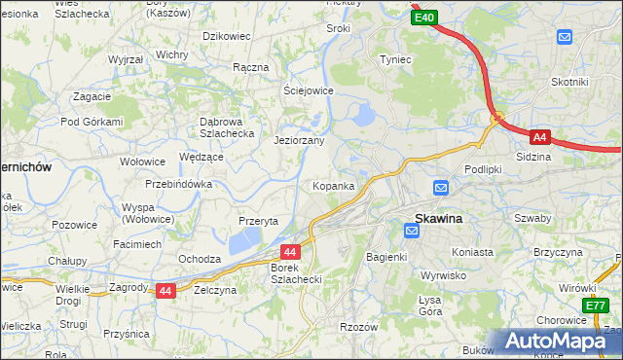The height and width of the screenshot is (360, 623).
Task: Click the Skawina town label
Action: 439,219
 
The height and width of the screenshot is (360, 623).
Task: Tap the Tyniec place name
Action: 395,59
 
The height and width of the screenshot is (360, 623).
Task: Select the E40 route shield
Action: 423,18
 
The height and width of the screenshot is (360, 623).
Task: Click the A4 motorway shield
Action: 540,137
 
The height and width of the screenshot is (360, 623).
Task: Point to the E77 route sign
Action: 596,306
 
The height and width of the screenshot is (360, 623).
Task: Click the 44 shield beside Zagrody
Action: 165,290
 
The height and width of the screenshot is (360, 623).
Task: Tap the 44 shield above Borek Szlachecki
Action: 291,251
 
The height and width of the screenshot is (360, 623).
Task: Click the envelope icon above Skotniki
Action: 565,37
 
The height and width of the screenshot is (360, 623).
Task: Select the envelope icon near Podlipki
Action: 440,187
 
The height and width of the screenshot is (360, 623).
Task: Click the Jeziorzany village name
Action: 299,140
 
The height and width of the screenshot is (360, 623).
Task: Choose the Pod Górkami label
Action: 92,122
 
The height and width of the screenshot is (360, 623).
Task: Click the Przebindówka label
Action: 178,184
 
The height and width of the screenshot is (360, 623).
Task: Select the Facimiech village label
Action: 137,243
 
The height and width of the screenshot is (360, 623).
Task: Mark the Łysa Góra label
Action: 429,306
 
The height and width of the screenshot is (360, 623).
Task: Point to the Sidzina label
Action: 532,156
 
